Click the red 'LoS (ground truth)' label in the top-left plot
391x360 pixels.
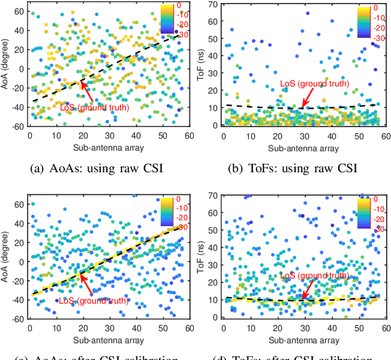(x=95, y=108)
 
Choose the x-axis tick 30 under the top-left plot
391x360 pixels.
(x=109, y=136)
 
